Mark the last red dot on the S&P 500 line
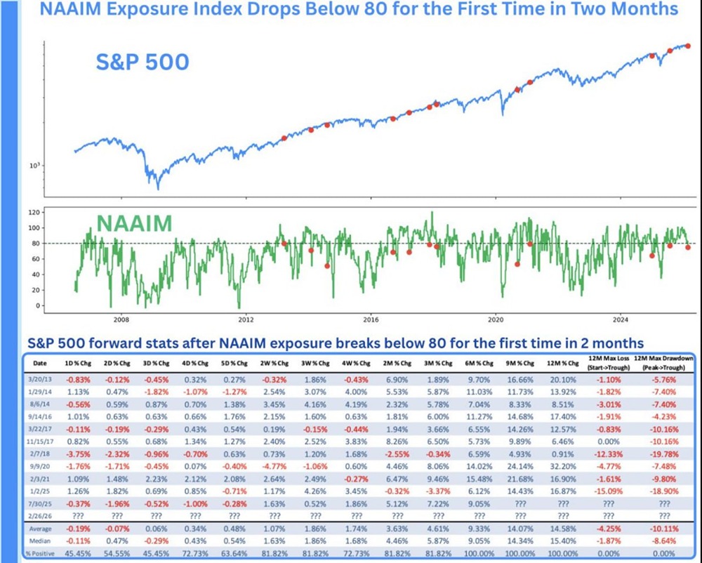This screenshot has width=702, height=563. pyautogui.click(x=688, y=46)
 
